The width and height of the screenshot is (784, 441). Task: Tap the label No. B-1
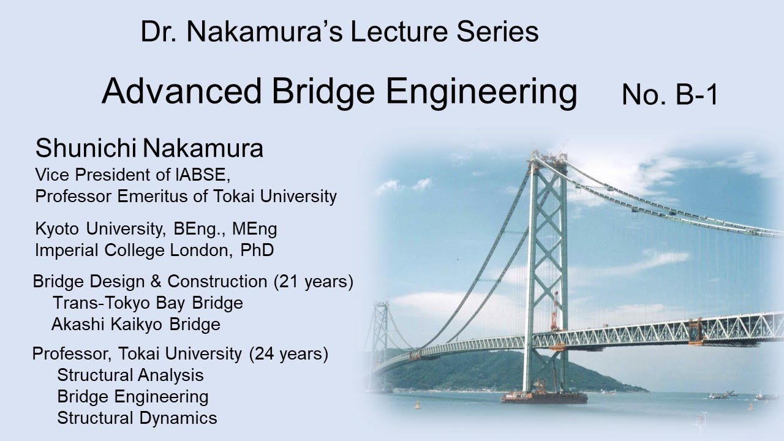[669, 95]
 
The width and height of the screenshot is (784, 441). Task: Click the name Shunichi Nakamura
[149, 148]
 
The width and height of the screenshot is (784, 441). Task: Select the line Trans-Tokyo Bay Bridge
[148, 303]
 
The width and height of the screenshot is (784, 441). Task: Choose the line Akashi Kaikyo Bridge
[136, 324]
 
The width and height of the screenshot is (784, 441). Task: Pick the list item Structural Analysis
[130, 375]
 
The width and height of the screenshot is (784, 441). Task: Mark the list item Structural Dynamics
[137, 418]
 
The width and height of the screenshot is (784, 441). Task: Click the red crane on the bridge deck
[555, 312]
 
